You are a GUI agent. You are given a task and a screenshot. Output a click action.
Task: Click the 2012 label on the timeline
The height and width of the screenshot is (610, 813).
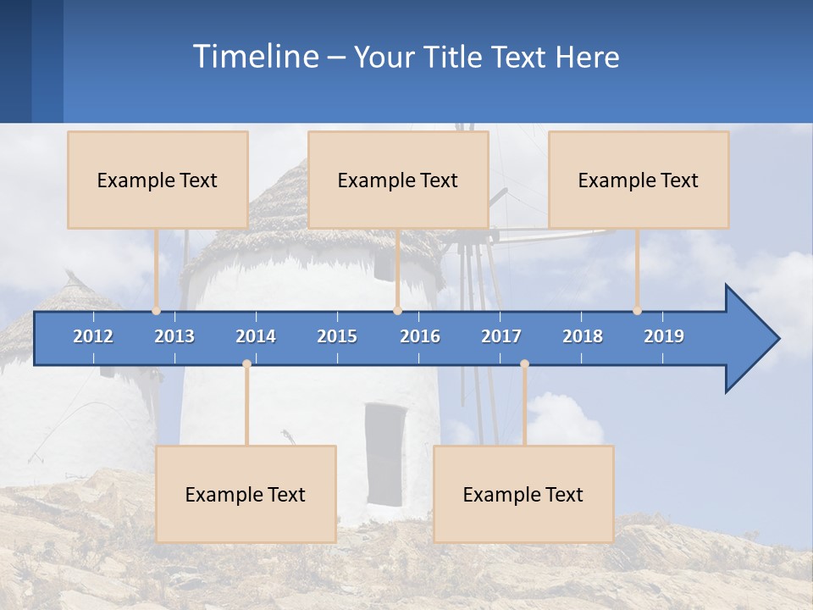point(93,336)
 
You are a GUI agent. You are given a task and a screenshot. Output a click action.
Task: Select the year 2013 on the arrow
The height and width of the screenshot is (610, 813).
point(174,336)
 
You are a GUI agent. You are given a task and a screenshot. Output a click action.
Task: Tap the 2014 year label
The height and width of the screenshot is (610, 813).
point(256,336)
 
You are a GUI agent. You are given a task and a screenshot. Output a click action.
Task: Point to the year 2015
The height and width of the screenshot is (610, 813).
point(337,336)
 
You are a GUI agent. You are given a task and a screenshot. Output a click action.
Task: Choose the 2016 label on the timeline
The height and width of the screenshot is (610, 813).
point(420,336)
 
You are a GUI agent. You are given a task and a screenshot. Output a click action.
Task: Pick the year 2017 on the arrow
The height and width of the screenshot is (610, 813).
point(501,336)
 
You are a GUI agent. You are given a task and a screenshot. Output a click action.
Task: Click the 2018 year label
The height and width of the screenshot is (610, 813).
point(583,336)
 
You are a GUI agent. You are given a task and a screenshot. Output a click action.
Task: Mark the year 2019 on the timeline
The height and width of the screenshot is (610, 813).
point(664,336)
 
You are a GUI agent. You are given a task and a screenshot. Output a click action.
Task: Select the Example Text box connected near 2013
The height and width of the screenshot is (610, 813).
point(158,180)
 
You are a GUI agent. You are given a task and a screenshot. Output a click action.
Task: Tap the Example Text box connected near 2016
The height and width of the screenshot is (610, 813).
point(398,180)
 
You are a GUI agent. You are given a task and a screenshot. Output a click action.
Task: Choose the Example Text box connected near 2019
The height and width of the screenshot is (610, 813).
point(639,180)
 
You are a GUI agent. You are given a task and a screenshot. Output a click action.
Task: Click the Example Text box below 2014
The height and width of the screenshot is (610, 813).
point(246,494)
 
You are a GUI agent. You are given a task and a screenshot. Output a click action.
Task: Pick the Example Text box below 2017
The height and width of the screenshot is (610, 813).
point(523,494)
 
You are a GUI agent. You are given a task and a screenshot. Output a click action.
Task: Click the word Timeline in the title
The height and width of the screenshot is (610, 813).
point(254,57)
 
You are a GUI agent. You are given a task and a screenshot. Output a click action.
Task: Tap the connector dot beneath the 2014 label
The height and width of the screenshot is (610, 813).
point(246,363)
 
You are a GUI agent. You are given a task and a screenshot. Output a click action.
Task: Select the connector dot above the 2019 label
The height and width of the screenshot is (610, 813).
point(637,311)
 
